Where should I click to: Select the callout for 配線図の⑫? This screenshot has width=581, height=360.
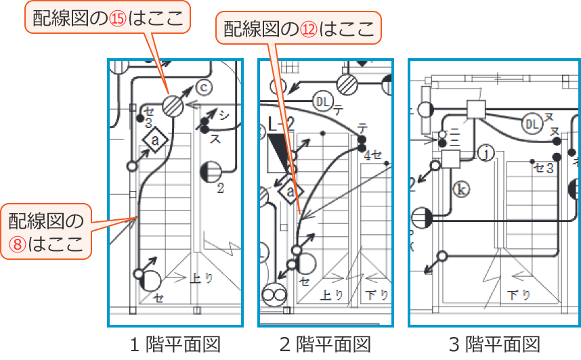click(298, 28)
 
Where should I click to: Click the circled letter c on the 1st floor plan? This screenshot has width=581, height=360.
click(203, 87)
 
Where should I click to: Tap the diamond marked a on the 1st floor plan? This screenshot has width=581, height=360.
click(155, 140)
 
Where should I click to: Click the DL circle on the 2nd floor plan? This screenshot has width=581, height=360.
click(322, 102)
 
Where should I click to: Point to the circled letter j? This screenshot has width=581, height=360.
click(485, 154)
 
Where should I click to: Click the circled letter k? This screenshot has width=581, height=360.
click(461, 188)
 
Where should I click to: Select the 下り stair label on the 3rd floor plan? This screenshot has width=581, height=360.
click(519, 295)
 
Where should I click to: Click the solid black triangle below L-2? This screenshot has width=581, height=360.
click(278, 150)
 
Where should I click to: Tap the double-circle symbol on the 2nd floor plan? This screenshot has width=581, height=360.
click(274, 295)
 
